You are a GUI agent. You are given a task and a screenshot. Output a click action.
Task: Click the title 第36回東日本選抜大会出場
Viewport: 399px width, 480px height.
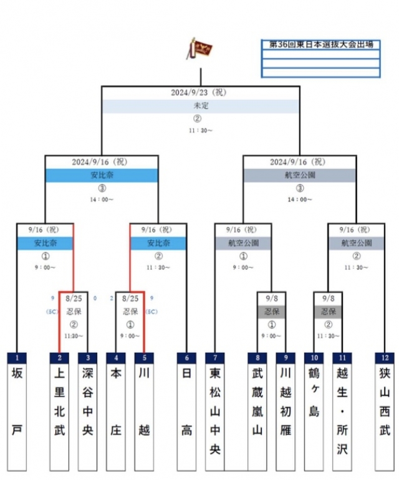pos(320,45)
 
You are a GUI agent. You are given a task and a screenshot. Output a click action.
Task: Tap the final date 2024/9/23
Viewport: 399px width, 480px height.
pos(199,92)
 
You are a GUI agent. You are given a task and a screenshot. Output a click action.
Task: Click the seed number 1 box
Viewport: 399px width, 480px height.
pos(17,358)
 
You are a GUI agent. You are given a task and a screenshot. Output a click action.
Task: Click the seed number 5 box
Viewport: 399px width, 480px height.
pos(144,358)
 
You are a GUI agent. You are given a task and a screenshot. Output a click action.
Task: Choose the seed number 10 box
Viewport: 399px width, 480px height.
pos(314,358)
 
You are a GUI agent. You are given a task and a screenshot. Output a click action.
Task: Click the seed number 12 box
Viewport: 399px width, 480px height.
pos(384,358)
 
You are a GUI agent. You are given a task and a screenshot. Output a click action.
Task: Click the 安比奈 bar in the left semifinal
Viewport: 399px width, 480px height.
pos(102,175)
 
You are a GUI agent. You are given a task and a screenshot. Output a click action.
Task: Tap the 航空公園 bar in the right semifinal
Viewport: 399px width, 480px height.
pos(300,175)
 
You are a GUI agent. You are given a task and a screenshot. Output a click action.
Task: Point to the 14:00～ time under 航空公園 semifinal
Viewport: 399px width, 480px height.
pos(300,200)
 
